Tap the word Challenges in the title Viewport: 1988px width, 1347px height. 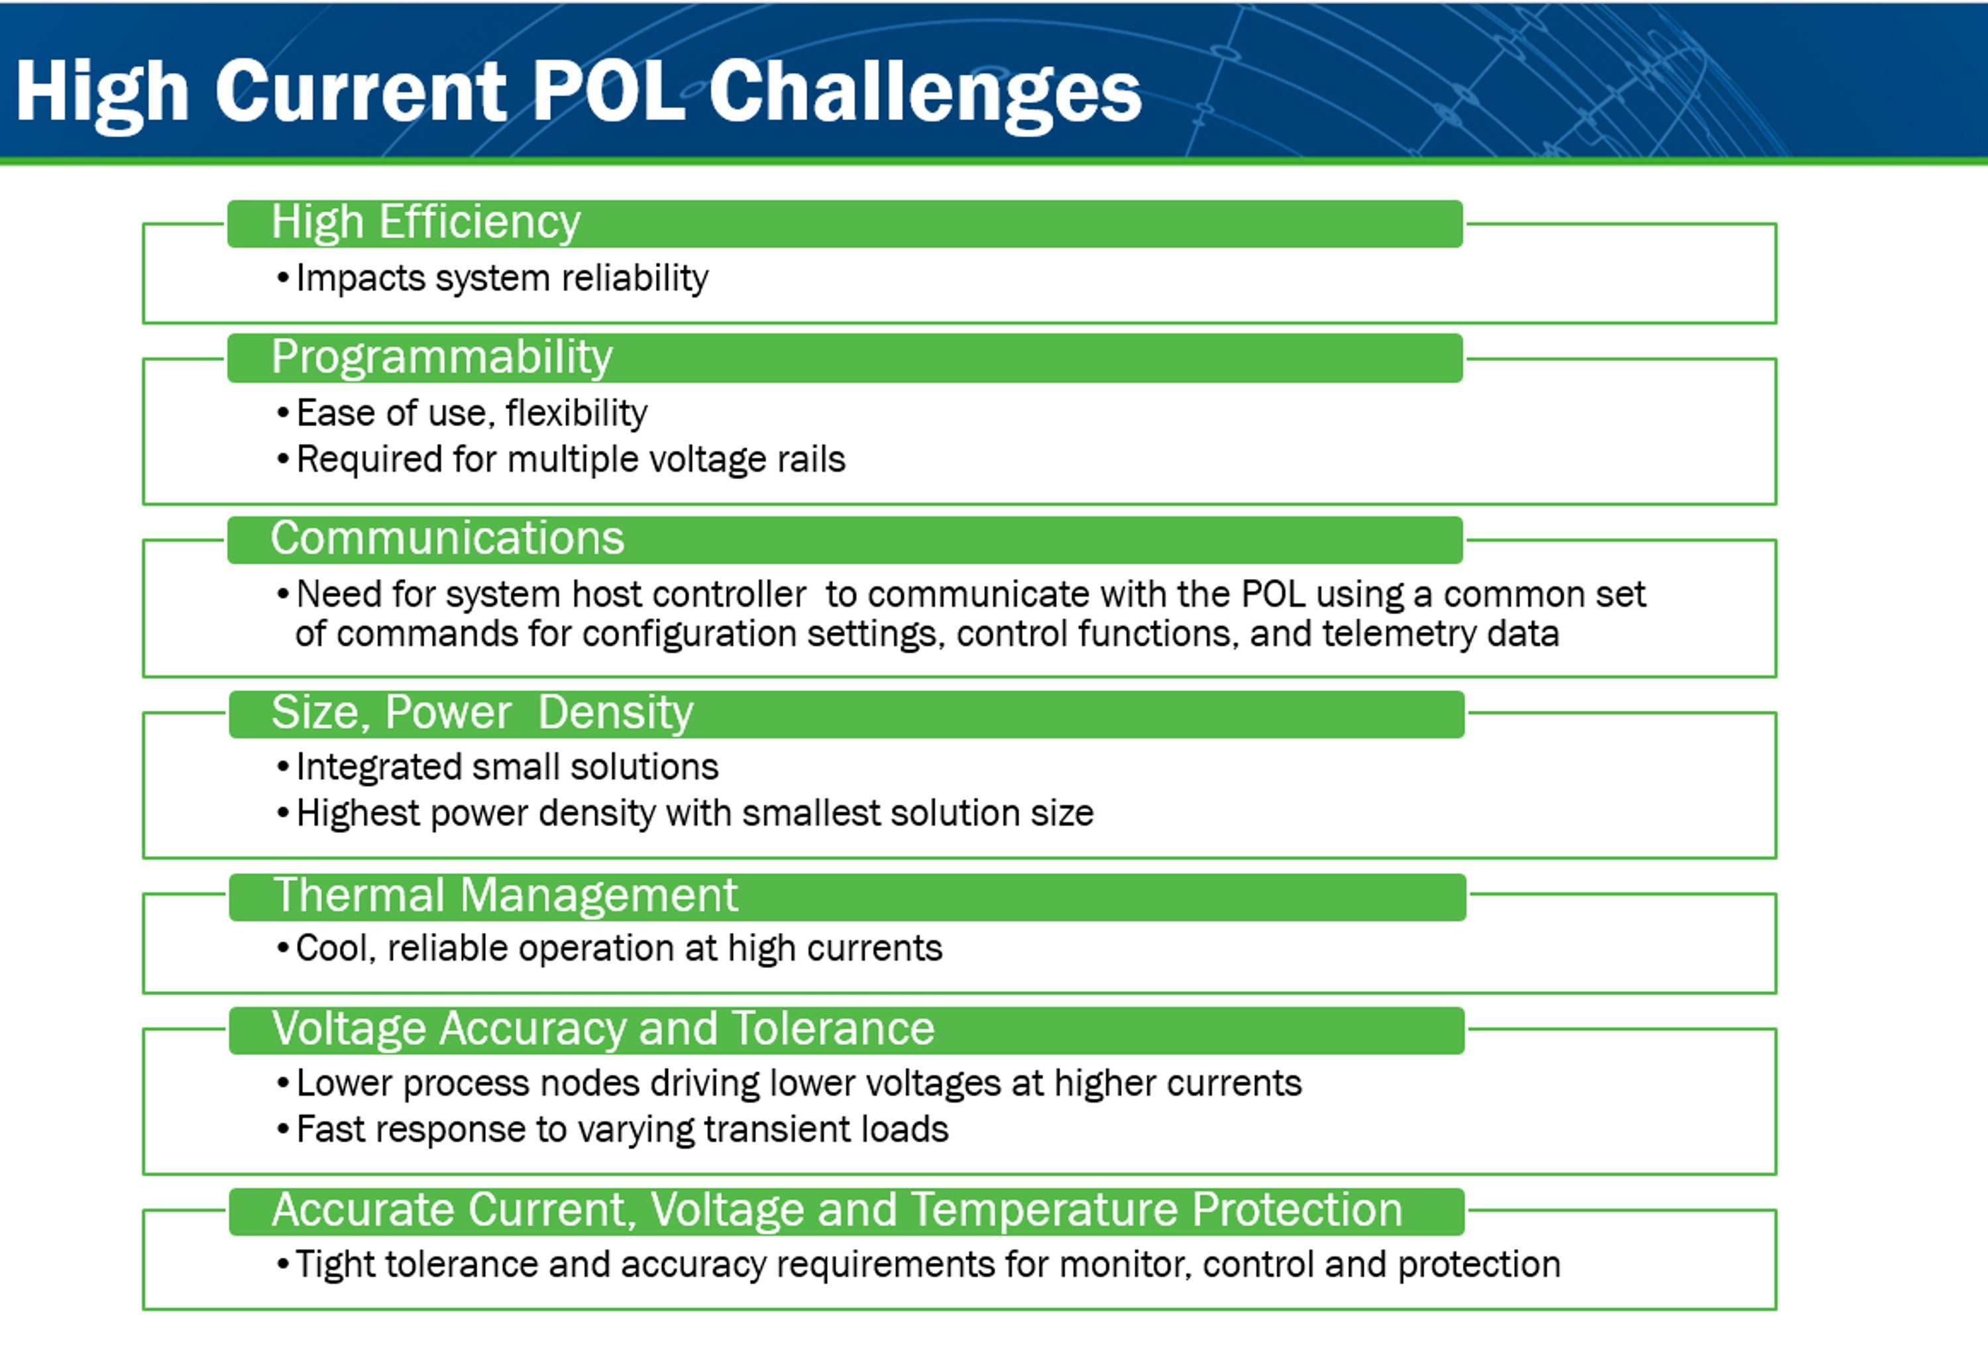click(924, 95)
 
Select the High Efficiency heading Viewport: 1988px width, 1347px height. click(425, 223)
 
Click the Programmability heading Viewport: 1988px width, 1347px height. click(441, 358)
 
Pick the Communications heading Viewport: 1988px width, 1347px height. click(447, 538)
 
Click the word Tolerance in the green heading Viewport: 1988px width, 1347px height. click(832, 1028)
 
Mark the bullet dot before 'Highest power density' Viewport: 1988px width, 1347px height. click(283, 814)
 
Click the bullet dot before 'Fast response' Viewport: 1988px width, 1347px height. click(283, 1130)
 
